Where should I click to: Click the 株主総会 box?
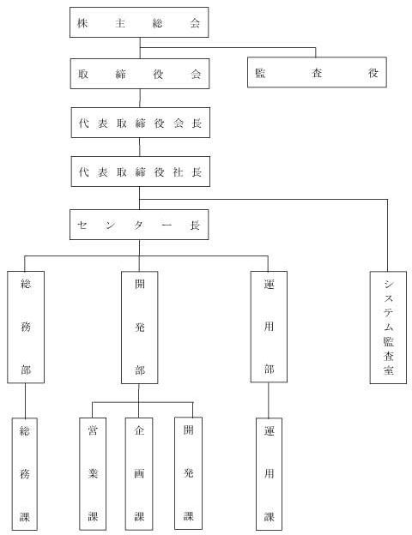coord(139,22)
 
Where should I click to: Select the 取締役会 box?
coord(140,74)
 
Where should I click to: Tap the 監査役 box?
coord(317,72)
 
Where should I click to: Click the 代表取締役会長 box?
coord(141,123)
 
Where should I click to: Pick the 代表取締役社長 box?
coord(141,171)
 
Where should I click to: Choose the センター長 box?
coord(139,225)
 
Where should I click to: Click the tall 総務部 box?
coord(26,327)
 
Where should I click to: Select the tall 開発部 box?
coord(139,328)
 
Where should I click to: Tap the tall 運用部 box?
coord(269,327)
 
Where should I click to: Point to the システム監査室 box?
coord(388,328)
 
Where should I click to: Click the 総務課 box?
coord(25,474)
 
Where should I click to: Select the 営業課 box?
coord(93,474)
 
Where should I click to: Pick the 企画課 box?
coord(139,474)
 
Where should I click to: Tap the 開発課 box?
coord(188,473)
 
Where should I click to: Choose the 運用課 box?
coord(269,474)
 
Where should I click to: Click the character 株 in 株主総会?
coord(82,23)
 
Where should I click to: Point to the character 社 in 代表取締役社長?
coord(178,172)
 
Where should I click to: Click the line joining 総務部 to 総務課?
coord(25,400)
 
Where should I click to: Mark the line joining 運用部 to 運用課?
coord(268,400)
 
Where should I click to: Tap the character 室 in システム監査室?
coord(389,370)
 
